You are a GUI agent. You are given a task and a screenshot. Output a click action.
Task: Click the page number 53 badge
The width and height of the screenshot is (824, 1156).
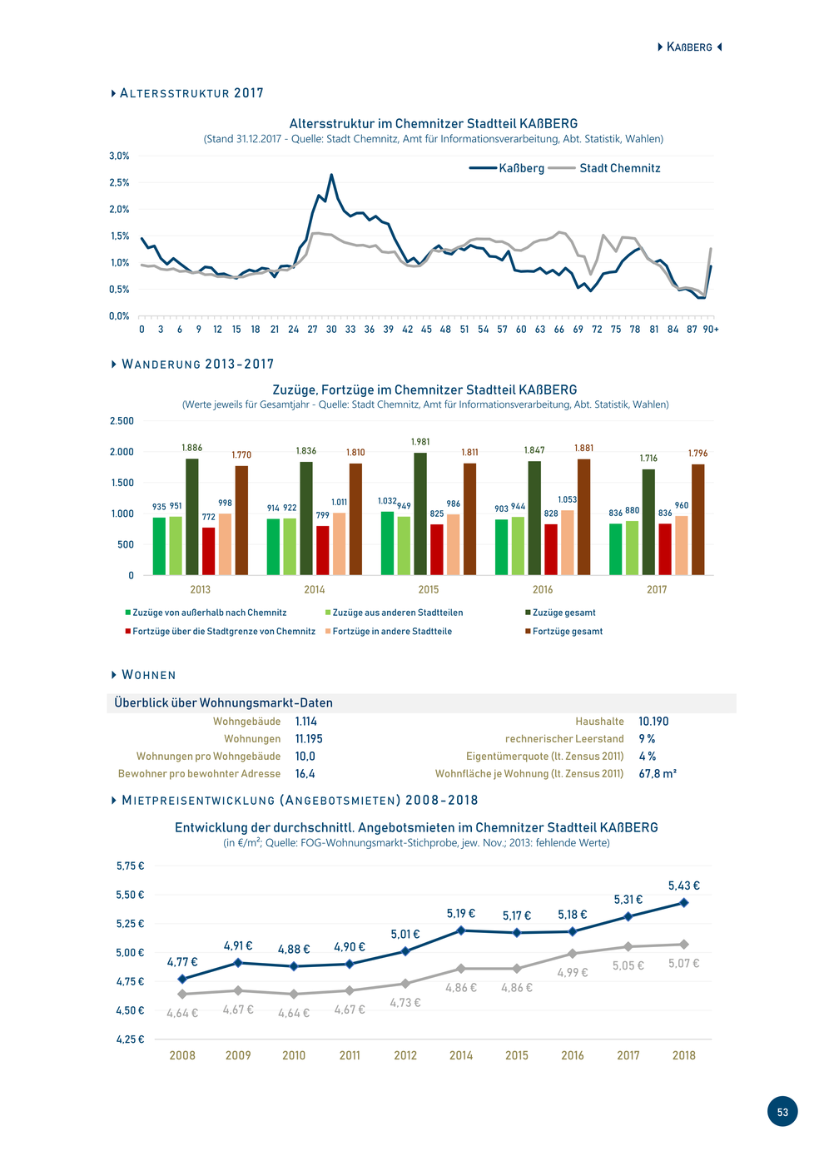coord(782,1111)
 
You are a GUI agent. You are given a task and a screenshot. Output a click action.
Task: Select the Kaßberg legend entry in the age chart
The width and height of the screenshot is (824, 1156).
coord(506,168)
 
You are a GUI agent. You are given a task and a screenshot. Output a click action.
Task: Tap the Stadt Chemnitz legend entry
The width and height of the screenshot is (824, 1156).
coord(604,168)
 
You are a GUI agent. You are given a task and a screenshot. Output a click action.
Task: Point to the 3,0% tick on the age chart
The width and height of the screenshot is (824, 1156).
coord(119,156)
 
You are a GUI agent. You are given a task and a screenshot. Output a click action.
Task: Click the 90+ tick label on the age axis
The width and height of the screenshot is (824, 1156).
coord(711,330)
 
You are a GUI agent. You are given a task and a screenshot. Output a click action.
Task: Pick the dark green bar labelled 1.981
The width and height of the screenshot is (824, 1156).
coord(420,514)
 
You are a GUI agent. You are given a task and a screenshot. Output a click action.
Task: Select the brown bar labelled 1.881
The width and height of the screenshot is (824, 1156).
coord(583,517)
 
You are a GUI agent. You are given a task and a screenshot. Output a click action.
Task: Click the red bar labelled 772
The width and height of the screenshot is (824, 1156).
coord(208,551)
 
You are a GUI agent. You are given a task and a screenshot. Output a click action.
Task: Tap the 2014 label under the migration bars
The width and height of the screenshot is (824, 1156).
coord(315,589)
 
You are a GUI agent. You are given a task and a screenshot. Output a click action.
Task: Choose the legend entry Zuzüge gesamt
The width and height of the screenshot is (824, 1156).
coord(560,613)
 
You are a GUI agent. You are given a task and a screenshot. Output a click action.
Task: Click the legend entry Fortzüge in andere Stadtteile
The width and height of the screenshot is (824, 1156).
coord(389,631)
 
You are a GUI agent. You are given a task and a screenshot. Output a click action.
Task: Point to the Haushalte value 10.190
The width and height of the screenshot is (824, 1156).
coord(653,722)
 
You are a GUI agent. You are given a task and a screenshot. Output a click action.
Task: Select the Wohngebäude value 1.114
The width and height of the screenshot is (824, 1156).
coord(306,722)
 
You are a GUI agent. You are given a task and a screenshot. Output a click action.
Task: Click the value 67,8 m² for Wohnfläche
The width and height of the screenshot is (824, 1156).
coord(658,774)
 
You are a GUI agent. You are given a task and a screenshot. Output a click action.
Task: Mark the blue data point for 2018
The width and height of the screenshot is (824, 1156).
coord(683,903)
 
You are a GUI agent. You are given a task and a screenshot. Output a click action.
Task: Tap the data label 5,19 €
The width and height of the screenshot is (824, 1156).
coord(461,914)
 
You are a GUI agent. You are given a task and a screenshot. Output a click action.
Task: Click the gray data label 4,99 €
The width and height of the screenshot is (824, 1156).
coord(572,972)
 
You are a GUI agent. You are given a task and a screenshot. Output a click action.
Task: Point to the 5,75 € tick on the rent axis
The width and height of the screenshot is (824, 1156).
coord(130,866)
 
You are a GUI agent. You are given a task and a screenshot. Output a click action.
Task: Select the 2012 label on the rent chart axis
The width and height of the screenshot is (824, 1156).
coord(405,1055)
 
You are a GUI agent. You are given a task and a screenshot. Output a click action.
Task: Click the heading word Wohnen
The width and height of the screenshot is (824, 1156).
coord(149,675)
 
